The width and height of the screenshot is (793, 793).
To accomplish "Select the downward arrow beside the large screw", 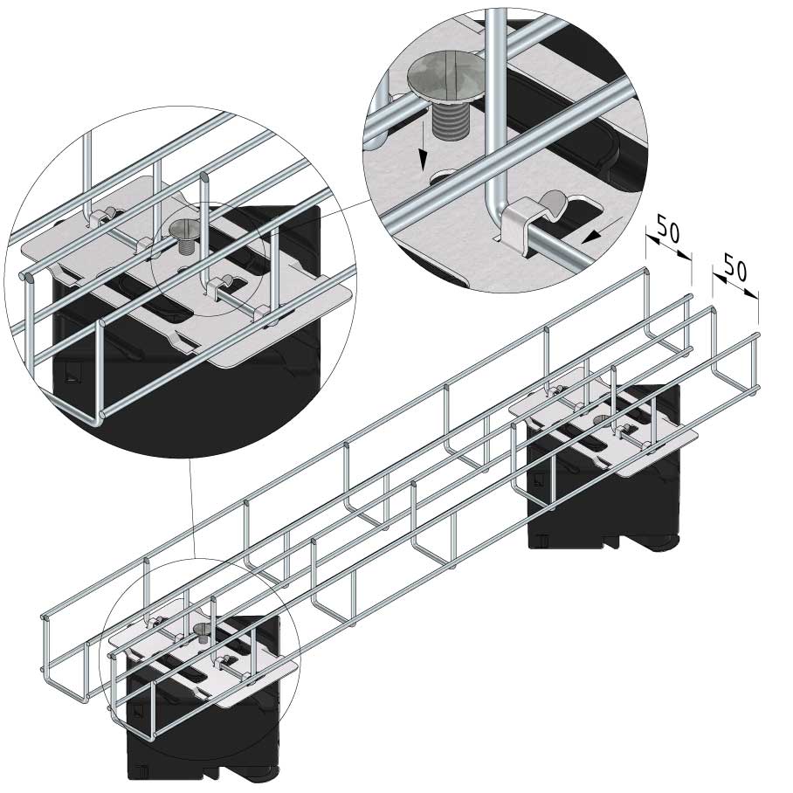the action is [423, 146].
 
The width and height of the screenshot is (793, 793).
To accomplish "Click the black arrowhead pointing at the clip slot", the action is [590, 236].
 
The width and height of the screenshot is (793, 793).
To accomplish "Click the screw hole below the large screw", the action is [446, 177].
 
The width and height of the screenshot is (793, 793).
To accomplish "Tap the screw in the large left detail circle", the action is [184, 236].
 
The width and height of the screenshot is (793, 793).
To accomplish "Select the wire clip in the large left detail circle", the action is [222, 286].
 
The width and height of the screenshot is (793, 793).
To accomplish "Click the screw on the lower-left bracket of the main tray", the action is [201, 632].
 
